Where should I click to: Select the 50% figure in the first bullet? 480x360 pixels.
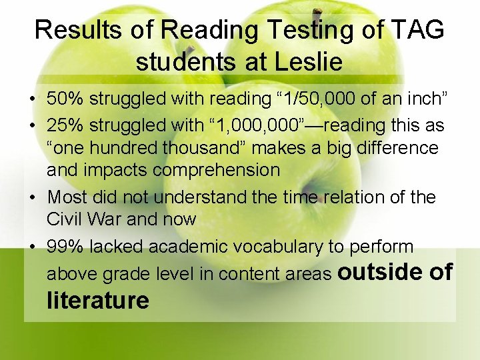pos(65,99)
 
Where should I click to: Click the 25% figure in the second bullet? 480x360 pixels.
pos(65,125)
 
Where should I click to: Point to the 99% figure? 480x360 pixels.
pos(65,247)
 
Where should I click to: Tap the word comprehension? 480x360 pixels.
pos(216,170)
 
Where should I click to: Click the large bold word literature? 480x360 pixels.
pos(98,301)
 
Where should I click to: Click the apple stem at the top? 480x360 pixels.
pos(318,14)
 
